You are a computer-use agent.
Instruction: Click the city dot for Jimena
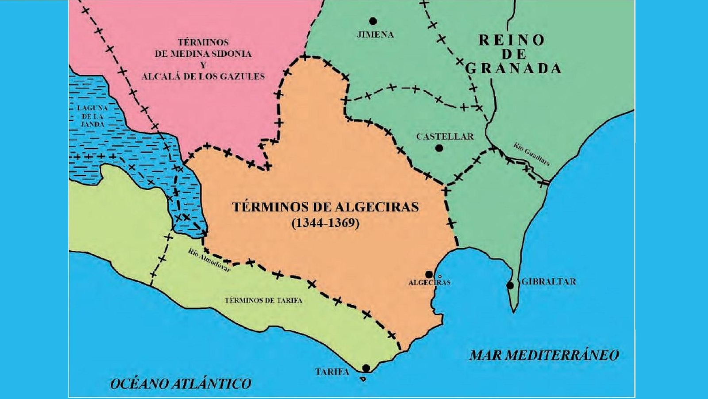(x=373, y=21)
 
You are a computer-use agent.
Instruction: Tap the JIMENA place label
(x=375, y=35)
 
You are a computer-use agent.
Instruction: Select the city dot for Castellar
(x=439, y=148)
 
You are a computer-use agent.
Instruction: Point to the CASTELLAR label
(x=445, y=137)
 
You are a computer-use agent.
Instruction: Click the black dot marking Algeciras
(x=429, y=274)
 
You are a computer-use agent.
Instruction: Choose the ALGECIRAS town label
(x=429, y=283)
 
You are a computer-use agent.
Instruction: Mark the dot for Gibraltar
(x=510, y=285)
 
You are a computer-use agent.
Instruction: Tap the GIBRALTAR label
(x=549, y=281)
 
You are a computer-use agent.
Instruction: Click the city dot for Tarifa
(x=366, y=368)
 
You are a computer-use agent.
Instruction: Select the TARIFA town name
(x=332, y=372)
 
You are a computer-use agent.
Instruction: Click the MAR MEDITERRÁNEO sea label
(x=544, y=355)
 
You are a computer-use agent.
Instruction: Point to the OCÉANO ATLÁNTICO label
(x=181, y=383)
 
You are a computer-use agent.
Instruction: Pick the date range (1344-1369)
(x=325, y=223)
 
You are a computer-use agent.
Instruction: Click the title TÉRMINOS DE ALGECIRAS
(x=325, y=207)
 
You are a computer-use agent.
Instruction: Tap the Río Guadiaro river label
(x=531, y=154)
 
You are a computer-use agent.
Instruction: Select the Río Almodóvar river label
(x=209, y=260)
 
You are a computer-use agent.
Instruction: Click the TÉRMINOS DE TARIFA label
(x=263, y=301)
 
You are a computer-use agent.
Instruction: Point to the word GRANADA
(x=513, y=69)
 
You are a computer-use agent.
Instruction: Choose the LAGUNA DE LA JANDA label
(x=92, y=116)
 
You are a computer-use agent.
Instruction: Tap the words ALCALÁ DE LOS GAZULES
(x=203, y=77)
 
